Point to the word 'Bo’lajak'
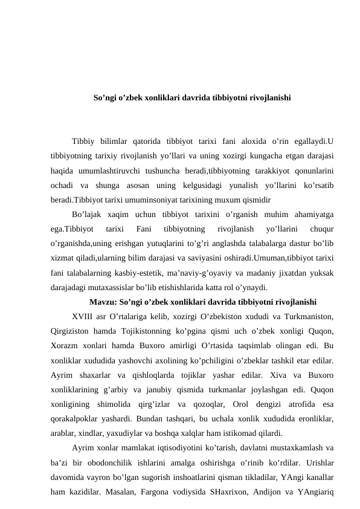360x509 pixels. (x=85, y=214)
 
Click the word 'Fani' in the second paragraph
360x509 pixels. (x=144, y=229)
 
